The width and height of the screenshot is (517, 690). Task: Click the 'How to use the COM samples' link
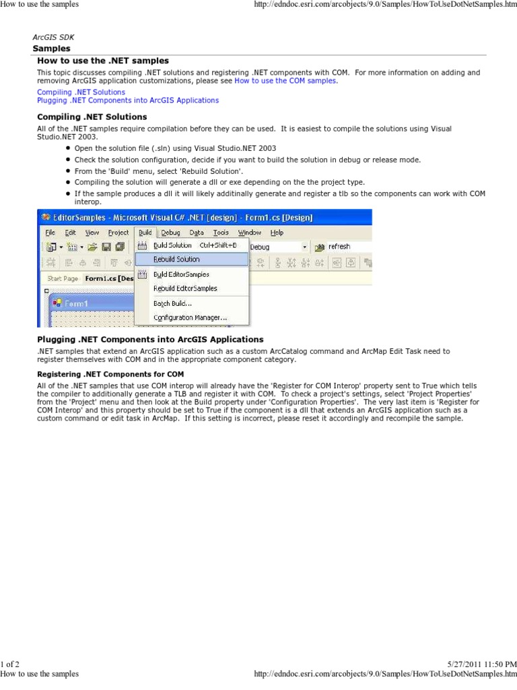(x=285, y=81)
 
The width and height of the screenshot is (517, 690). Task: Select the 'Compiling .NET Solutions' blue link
(x=81, y=92)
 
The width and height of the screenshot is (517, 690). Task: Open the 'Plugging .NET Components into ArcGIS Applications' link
(x=128, y=100)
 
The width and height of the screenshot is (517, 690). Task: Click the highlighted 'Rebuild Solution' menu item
(x=176, y=259)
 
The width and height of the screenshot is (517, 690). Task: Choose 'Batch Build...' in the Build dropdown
(x=172, y=303)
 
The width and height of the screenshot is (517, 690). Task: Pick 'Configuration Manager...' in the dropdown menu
(x=190, y=317)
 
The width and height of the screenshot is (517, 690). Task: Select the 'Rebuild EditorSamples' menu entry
(x=185, y=288)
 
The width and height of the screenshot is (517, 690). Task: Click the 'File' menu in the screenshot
(x=50, y=232)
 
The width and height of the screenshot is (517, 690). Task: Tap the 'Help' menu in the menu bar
(x=277, y=232)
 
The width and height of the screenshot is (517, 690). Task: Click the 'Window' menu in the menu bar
(x=250, y=232)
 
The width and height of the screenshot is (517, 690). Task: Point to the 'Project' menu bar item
(x=118, y=232)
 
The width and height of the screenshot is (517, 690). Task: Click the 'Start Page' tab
(x=63, y=278)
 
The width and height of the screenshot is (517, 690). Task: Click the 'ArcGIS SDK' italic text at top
(x=53, y=38)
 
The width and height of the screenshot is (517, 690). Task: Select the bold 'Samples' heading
(x=51, y=49)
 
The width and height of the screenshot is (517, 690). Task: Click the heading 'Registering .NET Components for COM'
(x=110, y=374)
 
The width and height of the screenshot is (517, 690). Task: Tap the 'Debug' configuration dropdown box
(x=278, y=247)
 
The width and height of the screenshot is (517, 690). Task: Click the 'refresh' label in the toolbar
(x=339, y=247)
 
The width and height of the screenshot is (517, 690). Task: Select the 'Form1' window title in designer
(x=76, y=304)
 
